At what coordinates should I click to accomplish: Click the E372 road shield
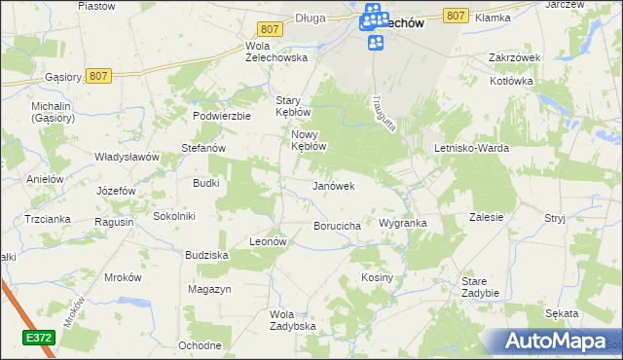pos(38,337)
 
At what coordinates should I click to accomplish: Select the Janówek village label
pos(333,185)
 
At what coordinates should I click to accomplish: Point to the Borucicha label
pos(338,226)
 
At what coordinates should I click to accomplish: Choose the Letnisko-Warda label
pos(472,148)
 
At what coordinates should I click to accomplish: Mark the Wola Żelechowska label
pos(277,52)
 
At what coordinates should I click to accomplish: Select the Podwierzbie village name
pos(223,115)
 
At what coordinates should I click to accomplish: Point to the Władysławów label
pos(127,156)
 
